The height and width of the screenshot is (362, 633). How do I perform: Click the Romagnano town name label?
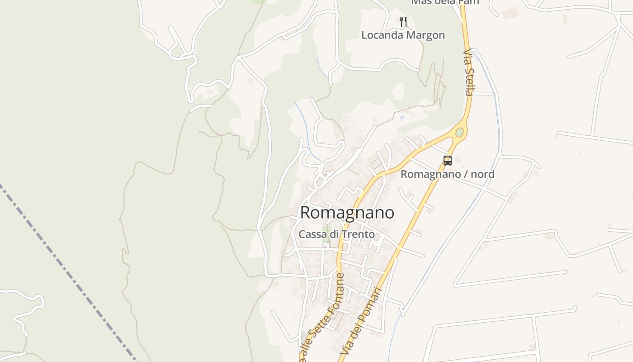347,213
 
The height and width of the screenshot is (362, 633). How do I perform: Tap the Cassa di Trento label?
336,234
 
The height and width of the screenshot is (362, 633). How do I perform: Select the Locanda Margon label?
403,35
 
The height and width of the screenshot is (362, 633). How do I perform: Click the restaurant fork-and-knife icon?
403,21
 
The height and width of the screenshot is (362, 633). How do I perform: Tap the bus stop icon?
447,160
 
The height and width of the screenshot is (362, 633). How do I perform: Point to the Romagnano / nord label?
447,174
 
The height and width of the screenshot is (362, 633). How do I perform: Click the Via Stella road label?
469,72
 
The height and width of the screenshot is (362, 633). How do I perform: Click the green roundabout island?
459,133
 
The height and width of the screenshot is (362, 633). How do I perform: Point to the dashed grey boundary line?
68,271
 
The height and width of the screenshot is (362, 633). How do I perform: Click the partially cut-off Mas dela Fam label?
444,2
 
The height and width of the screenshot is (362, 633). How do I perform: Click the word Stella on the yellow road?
469,81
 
